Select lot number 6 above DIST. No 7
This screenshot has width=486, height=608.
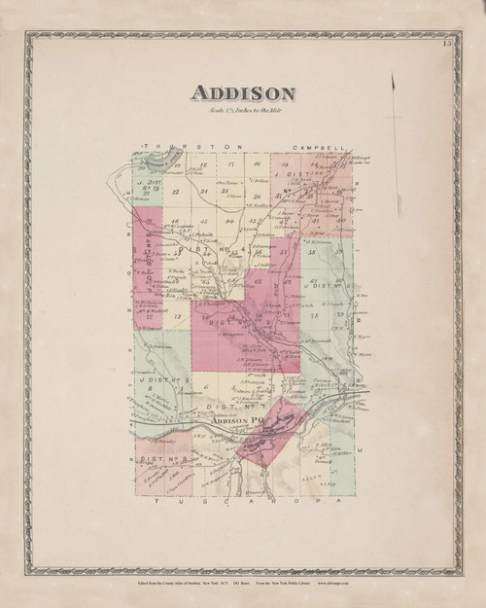point(208,386)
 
